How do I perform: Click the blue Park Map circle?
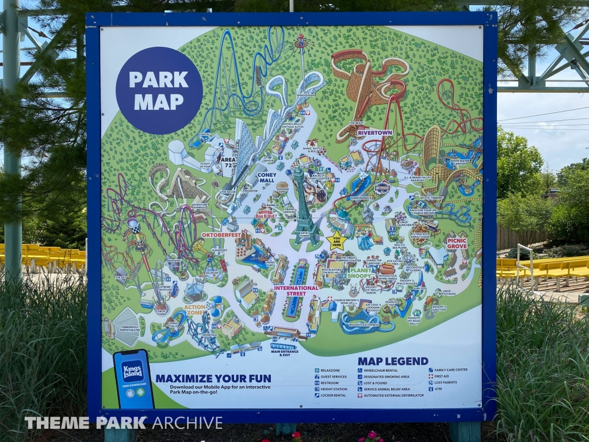159,90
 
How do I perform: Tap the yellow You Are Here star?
335,240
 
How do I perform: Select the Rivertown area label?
374,132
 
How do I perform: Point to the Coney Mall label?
266,176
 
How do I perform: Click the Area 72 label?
228,162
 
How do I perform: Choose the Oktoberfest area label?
221,235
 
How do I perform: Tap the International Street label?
296,290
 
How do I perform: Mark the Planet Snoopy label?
361,272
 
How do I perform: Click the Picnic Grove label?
456,243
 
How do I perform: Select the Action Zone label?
195,310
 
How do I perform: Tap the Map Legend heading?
393,361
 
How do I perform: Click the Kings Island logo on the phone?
133,369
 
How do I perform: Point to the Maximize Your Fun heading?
213,378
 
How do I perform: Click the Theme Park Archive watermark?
123,422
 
